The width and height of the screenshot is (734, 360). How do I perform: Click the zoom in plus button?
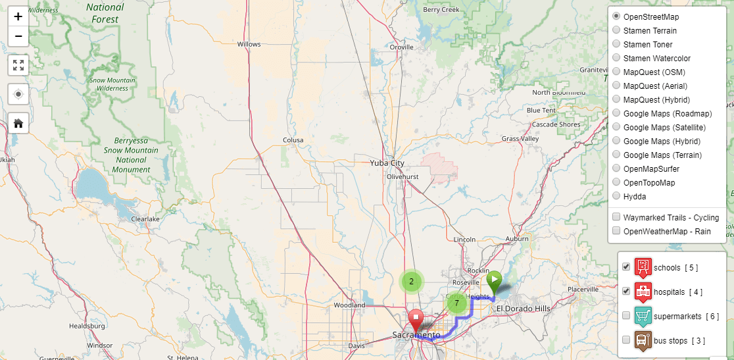coord(18,16)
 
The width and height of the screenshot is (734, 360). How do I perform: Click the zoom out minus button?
coord(18,36)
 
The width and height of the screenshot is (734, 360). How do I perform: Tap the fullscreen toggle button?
coord(18,65)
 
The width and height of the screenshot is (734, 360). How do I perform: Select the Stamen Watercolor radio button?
coord(616,59)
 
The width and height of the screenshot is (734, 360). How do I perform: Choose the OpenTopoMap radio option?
coord(616,183)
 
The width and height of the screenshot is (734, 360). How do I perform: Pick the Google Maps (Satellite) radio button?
coord(616,128)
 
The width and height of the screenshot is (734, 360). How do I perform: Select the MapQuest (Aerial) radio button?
coord(616,86)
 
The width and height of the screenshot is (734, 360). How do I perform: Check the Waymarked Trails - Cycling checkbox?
coord(616,217)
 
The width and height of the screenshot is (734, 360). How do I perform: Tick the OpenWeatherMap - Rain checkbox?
coord(616,231)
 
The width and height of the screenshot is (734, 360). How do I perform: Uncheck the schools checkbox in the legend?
coord(626,267)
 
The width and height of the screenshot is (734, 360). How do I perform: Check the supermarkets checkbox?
coord(626,316)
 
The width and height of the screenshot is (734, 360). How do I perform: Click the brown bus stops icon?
coord(643,340)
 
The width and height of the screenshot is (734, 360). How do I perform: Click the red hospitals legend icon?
coord(643,291)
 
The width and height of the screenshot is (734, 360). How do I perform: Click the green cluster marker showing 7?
coord(456,303)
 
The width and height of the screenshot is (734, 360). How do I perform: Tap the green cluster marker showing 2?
coord(412,282)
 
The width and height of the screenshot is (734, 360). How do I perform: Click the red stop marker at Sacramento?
coord(416,320)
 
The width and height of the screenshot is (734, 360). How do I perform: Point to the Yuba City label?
coord(387,163)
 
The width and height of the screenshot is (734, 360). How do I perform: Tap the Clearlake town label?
coord(145,219)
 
